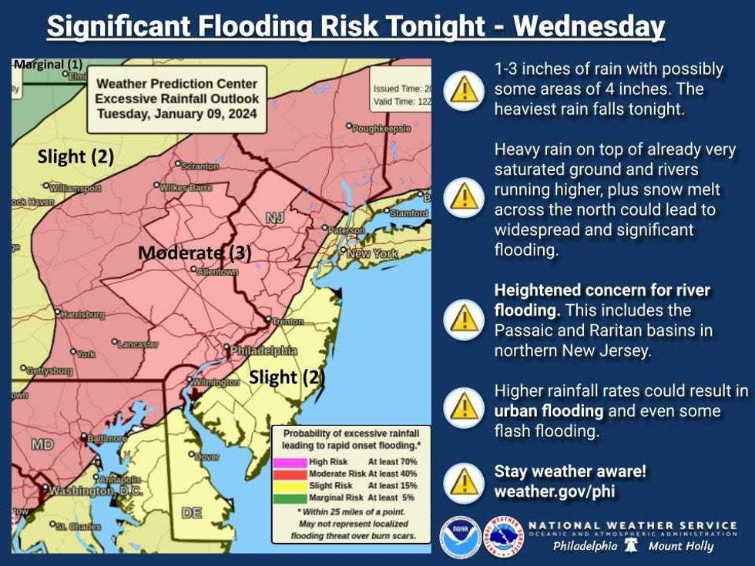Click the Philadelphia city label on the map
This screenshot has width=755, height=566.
(263, 350)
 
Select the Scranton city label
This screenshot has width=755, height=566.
(200, 166)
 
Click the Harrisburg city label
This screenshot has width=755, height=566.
(82, 314)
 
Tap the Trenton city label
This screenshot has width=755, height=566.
(287, 321)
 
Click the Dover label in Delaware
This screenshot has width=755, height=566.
(207, 457)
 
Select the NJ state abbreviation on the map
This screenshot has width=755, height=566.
(275, 219)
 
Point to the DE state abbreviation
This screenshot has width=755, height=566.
(191, 513)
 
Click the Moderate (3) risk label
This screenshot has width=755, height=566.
(195, 253)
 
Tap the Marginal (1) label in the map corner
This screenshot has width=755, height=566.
(48, 65)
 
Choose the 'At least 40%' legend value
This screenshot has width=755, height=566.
(393, 474)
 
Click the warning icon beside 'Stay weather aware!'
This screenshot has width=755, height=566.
(463, 481)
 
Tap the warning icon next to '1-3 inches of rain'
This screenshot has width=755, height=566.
(463, 89)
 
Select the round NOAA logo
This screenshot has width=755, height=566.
(460, 536)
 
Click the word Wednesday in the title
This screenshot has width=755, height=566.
(589, 27)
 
